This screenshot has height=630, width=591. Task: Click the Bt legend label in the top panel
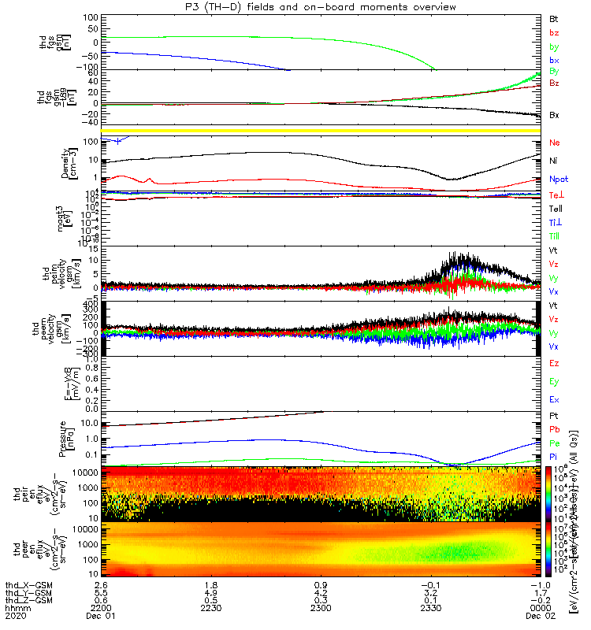point(554,17)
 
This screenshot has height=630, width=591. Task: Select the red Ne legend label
point(555,143)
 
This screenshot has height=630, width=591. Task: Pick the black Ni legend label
point(554,161)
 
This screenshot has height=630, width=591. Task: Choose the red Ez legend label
point(554,364)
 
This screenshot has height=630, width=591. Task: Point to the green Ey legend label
point(554,382)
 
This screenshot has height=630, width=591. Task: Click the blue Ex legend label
point(554,400)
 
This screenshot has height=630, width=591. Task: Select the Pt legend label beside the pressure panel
point(554,415)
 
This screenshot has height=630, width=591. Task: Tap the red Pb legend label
point(554,429)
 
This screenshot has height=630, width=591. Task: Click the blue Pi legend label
point(554,457)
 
